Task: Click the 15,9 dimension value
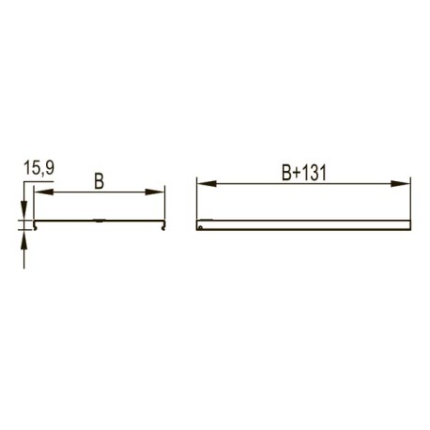coord(39,168)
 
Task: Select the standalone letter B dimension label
coord(99,181)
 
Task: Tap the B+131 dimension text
coord(304,173)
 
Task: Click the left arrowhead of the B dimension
coord(44,192)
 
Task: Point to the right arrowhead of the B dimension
coord(155,192)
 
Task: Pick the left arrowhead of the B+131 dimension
coord(207,183)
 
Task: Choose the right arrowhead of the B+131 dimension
coord(400,184)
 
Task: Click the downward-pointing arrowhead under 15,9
coord(24,210)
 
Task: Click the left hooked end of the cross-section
coord(35,225)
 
